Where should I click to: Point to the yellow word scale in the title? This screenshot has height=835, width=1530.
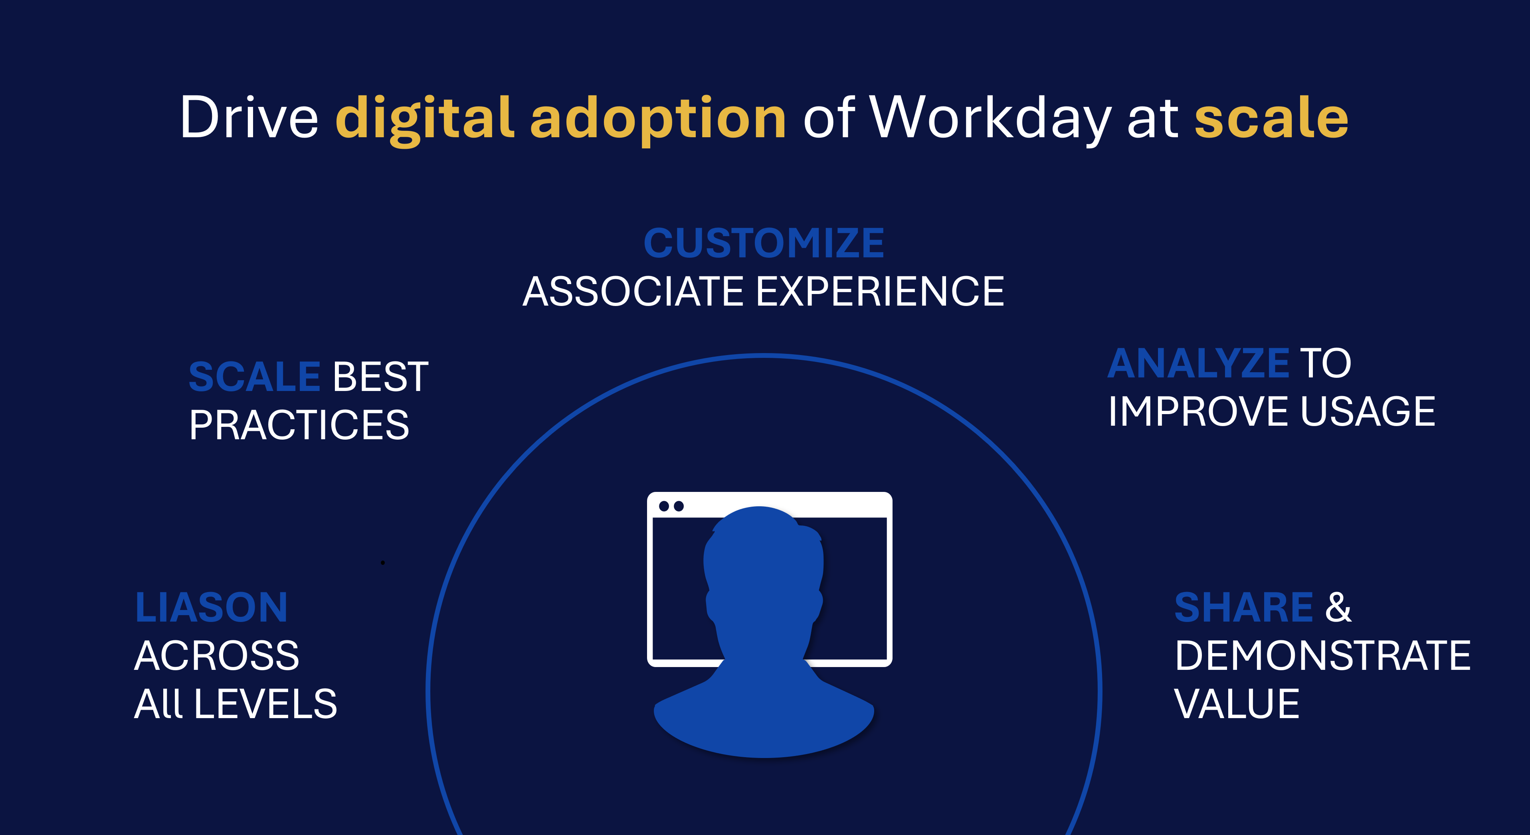coord(1272,118)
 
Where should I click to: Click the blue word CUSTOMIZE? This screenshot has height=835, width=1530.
coord(764,243)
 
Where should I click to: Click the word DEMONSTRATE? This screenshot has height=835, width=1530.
coord(1323,656)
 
